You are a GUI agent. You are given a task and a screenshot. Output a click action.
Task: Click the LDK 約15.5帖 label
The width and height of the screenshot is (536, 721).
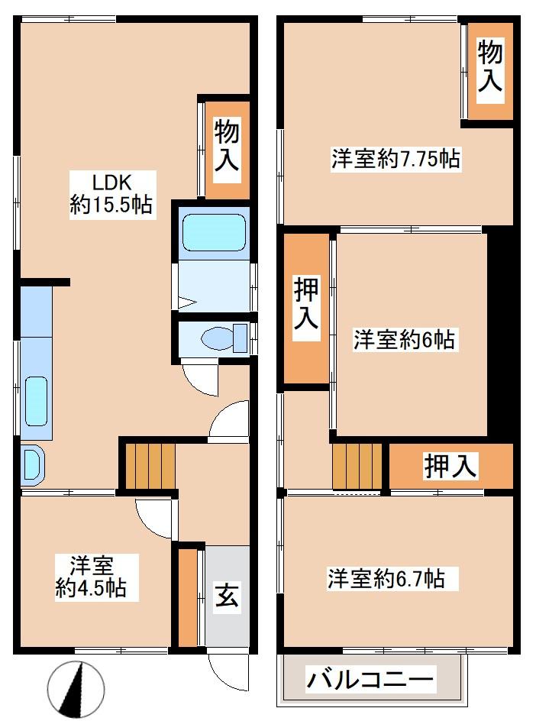pos(111,194)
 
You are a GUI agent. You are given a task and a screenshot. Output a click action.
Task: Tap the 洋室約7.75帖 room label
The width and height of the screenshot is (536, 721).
pos(396,159)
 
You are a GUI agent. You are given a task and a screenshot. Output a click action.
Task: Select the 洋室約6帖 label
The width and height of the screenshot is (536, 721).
pos(404,340)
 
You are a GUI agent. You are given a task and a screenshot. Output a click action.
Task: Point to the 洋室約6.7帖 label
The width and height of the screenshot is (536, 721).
pos(386,578)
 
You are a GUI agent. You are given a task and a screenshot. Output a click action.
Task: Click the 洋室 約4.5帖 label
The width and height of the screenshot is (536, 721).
pos(91,577)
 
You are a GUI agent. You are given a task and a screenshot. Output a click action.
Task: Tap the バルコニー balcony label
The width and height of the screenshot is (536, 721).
pos(370,679)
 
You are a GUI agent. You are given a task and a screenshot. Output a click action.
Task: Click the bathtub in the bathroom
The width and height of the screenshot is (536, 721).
pos(214,233)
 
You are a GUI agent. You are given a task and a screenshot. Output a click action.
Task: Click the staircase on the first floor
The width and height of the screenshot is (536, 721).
pos(150,465)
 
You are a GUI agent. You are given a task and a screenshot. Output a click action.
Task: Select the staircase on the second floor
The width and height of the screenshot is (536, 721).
pos(357,466)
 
